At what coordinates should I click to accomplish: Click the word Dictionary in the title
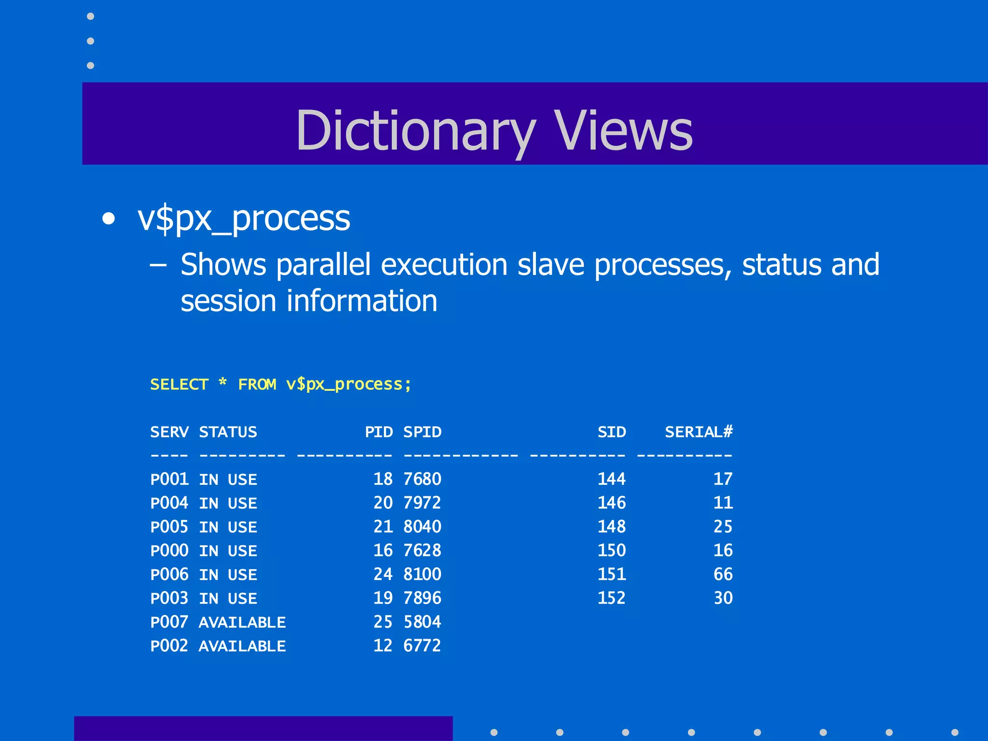(415, 130)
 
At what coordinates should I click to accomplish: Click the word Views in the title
(623, 130)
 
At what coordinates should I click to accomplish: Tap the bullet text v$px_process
(244, 219)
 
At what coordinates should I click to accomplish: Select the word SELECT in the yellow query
(179, 384)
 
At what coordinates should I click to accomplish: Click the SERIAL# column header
(699, 432)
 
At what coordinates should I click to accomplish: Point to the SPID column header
(422, 432)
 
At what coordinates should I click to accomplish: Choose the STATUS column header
(228, 432)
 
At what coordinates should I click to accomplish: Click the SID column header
(611, 432)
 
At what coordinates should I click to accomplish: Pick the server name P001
(169, 479)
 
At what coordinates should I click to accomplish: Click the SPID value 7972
(422, 503)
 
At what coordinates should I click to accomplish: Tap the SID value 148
(611, 527)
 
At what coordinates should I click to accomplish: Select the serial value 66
(723, 574)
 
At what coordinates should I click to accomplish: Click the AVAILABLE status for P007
(242, 622)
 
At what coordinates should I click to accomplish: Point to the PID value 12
(383, 646)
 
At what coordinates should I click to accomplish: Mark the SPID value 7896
(422, 598)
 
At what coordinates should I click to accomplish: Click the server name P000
(169, 550)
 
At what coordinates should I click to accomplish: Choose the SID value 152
(611, 598)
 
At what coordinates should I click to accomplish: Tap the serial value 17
(723, 479)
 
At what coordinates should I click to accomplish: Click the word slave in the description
(550, 265)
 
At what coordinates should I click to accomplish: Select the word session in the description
(228, 301)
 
